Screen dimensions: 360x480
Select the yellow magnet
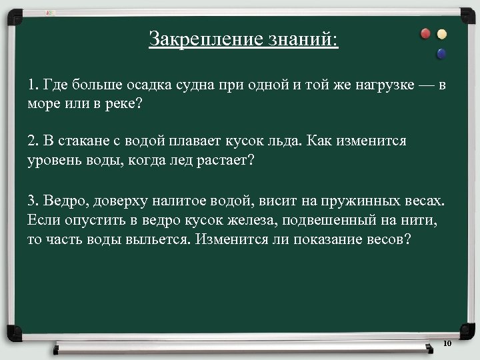point(442,35)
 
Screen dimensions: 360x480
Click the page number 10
point(447,343)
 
